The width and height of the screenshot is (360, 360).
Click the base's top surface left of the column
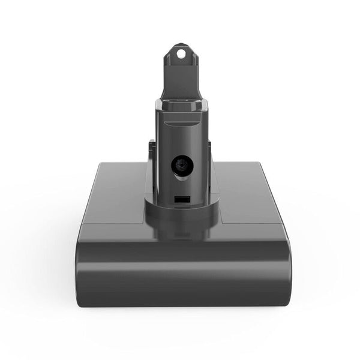(x=114, y=198)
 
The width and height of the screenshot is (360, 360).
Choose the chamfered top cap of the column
(x=181, y=108)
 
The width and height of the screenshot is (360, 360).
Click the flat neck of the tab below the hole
(x=181, y=78)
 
